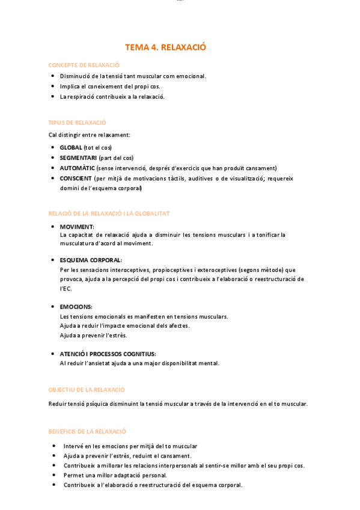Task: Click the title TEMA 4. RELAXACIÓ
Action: click(x=165, y=47)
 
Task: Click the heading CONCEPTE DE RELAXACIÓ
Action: click(x=84, y=65)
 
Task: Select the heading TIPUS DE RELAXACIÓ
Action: click(x=77, y=122)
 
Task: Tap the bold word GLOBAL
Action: click(x=71, y=147)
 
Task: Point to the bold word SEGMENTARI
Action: click(x=78, y=158)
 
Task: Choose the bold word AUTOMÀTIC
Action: click(x=77, y=168)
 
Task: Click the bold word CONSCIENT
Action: click(x=76, y=178)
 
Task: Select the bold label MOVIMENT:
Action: click(x=77, y=227)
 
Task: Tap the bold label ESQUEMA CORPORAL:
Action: click(x=91, y=260)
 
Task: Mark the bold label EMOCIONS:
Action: click(x=76, y=307)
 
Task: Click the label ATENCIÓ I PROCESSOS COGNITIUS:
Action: click(x=108, y=354)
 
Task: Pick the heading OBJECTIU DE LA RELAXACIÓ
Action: click(x=87, y=390)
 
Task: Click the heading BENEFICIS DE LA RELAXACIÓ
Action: click(x=87, y=431)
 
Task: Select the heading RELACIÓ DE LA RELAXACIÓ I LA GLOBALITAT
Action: click(x=109, y=214)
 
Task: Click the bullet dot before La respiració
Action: click(x=53, y=96)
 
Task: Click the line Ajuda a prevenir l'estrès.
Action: click(x=93, y=335)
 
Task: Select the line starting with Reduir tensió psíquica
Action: click(x=178, y=404)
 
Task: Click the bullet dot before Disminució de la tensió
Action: click(x=53, y=76)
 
